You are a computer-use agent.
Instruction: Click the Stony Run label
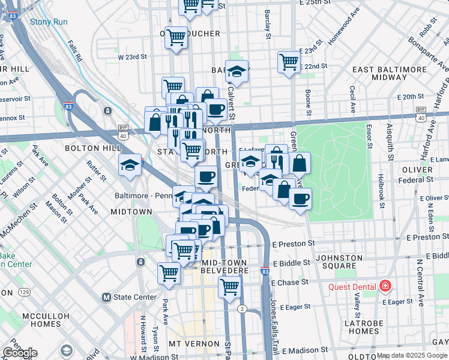click(x=49, y=22)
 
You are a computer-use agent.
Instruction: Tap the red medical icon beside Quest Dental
click(x=385, y=286)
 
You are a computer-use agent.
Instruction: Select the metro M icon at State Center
click(x=106, y=296)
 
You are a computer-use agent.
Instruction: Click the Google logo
click(x=20, y=353)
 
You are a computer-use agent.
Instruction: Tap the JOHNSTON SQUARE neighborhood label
click(x=339, y=262)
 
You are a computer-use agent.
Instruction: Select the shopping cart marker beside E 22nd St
click(x=289, y=62)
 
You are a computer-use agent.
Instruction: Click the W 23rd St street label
click(x=132, y=57)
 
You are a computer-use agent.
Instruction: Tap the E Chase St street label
click(x=289, y=282)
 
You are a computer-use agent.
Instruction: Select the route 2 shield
click(x=242, y=308)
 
